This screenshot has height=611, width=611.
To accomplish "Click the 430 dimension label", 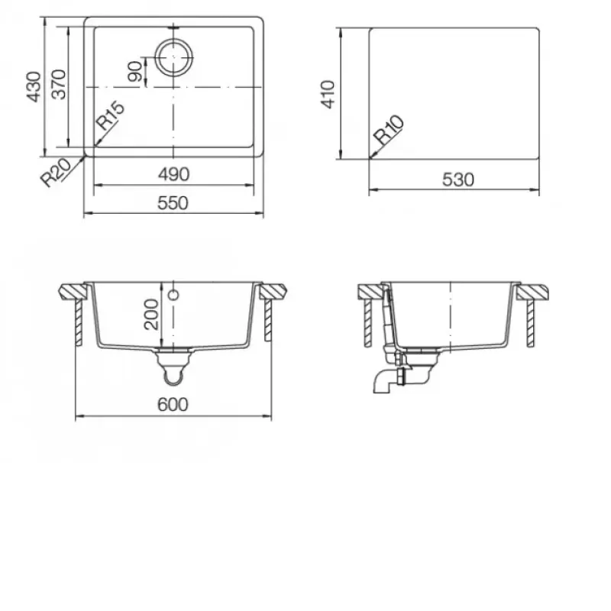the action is (x=34, y=87).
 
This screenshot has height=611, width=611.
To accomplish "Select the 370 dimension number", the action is (x=59, y=85).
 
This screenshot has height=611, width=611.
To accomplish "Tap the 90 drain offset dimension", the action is (x=136, y=71).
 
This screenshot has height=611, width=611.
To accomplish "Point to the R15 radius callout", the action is (x=111, y=116).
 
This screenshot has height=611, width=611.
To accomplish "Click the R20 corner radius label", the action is (x=56, y=173).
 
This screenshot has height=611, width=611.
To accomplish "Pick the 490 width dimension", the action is (x=174, y=174).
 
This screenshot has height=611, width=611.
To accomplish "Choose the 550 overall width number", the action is (x=173, y=203).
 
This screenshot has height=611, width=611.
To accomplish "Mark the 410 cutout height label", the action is (x=328, y=94).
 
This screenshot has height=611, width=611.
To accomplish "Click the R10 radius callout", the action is (x=389, y=130).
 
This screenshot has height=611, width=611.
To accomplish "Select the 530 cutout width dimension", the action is (x=458, y=179).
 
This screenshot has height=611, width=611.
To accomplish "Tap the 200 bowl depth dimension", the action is (x=151, y=315).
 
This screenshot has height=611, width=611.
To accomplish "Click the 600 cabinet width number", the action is (x=173, y=405).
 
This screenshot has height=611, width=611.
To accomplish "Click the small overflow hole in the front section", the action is (x=174, y=295).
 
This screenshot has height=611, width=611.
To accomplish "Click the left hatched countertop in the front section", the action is (x=73, y=292).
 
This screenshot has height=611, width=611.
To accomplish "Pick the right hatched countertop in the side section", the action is (x=533, y=293).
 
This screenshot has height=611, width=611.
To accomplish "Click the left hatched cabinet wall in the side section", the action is (x=368, y=323).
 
